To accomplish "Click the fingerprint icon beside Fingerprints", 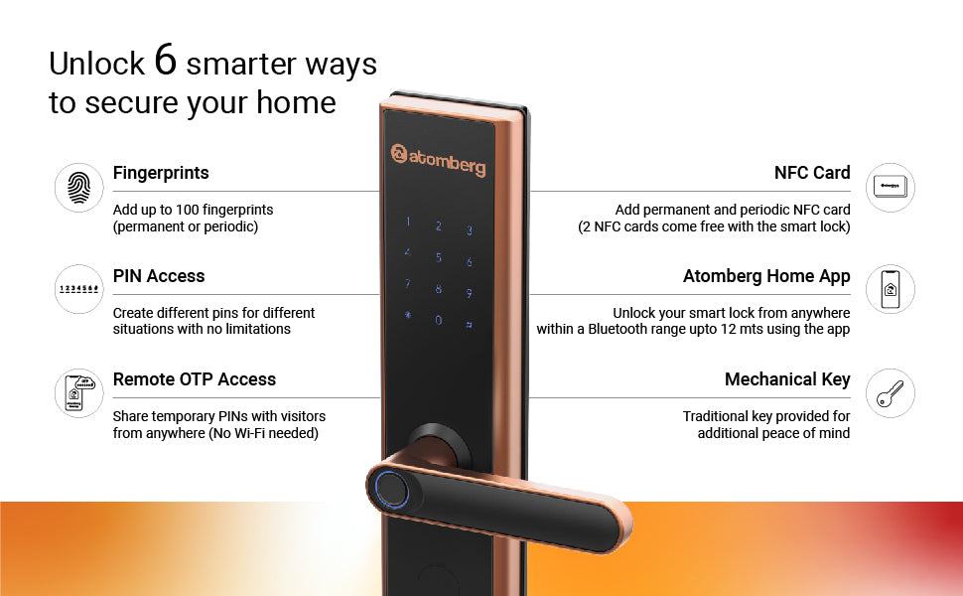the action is click(78, 188).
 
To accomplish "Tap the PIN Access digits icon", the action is click(78, 289).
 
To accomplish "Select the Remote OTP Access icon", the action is click(78, 393).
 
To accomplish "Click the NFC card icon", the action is click(890, 188).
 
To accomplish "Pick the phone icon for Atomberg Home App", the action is click(890, 289).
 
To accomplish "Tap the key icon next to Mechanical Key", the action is click(890, 393).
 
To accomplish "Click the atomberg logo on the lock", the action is click(438, 159).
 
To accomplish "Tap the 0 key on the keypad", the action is click(439, 320).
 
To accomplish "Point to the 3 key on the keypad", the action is click(470, 230).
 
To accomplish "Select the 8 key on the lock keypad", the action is click(439, 288).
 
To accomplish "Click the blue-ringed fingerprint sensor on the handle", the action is click(391, 489).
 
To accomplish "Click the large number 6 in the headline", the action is click(165, 60).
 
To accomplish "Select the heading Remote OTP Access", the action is click(194, 379).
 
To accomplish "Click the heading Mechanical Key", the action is click(787, 379).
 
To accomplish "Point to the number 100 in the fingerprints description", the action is click(189, 210).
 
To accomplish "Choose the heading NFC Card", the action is click(812, 173).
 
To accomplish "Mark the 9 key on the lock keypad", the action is click(470, 293).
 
